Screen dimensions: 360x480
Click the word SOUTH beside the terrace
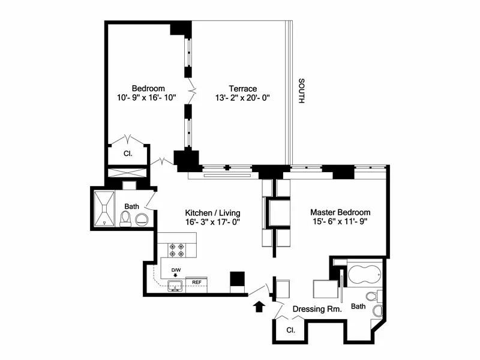[302, 90]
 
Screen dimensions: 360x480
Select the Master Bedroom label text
[340, 212]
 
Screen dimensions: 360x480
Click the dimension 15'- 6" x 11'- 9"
[338, 222]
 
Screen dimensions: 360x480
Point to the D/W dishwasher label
[176, 270]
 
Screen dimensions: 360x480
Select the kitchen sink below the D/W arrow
[176, 287]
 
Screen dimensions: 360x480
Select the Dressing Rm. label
[317, 310]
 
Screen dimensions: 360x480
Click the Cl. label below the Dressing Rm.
[290, 330]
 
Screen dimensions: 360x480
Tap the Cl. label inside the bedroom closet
[128, 154]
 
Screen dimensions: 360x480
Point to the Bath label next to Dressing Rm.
[358, 307]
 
